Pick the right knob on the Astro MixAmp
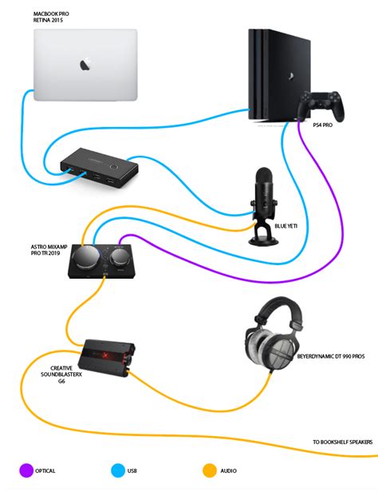point(120,260)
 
